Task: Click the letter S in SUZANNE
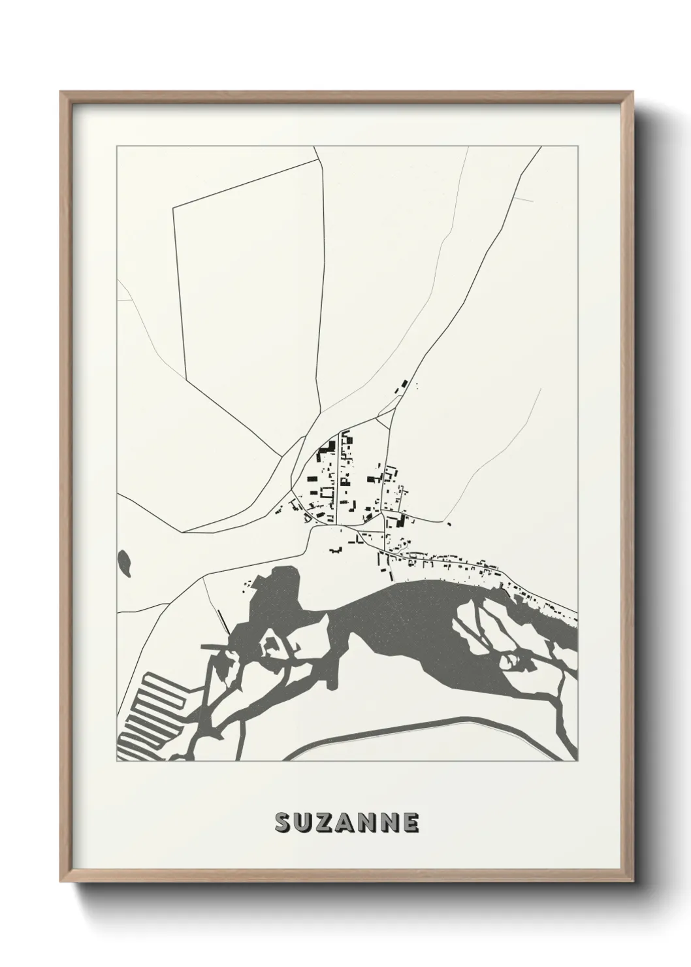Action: [x=283, y=823]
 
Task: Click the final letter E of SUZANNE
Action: [x=410, y=823]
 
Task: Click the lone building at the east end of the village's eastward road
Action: [x=449, y=523]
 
